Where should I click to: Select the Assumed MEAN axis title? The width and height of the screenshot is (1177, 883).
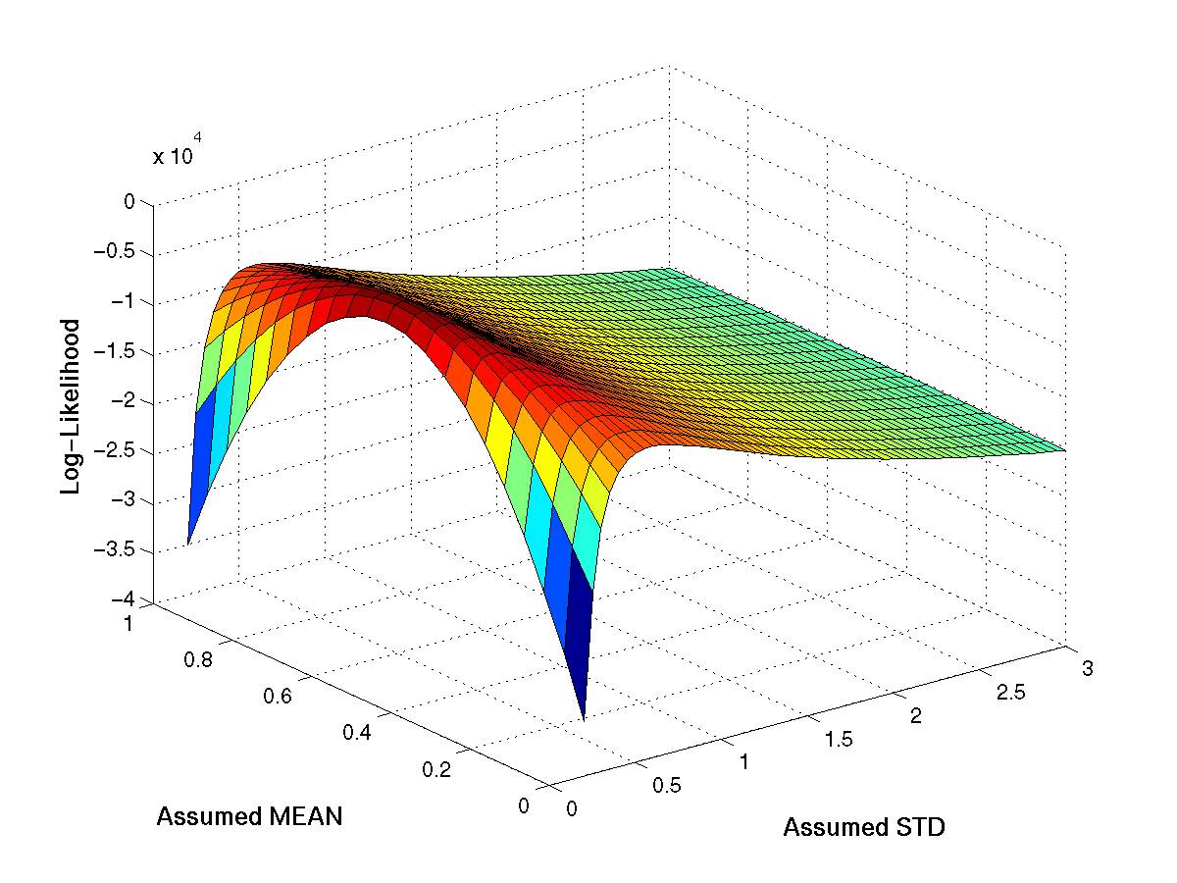coord(249,816)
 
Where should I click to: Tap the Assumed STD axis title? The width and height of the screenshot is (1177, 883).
coord(863,828)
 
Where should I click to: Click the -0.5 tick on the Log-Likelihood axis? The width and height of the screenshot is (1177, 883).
coord(128,252)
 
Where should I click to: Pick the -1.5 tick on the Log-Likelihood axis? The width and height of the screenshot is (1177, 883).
coord(128,352)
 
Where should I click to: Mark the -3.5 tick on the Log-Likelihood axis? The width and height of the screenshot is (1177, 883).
coord(128,550)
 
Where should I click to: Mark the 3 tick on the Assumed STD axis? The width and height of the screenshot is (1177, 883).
coord(1087,669)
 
